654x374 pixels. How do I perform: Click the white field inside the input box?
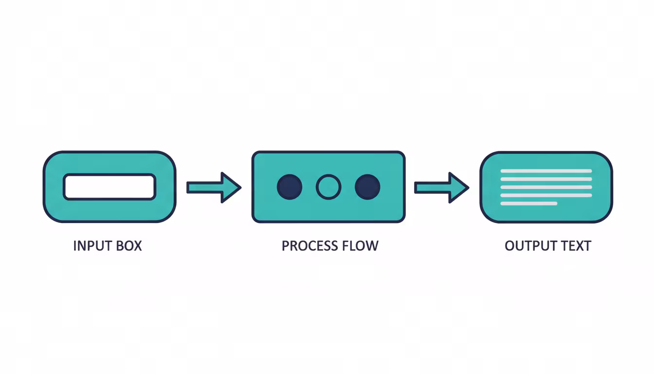pyautogui.click(x=109, y=187)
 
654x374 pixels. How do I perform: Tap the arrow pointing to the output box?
pyautogui.click(x=441, y=187)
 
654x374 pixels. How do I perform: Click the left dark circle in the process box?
pyautogui.click(x=290, y=187)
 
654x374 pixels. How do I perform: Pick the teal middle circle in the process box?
pyautogui.click(x=328, y=187)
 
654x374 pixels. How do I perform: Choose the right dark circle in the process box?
pyautogui.click(x=367, y=187)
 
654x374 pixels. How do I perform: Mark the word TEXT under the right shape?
pyautogui.click(x=575, y=245)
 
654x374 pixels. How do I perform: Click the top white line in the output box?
pyautogui.click(x=546, y=171)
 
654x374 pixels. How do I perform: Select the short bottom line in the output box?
pyautogui.click(x=528, y=203)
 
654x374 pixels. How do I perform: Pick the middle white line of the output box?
pyautogui.click(x=546, y=187)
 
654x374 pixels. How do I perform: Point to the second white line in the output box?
pyautogui.click(x=546, y=179)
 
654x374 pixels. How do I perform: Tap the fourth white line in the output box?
pyautogui.click(x=546, y=195)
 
